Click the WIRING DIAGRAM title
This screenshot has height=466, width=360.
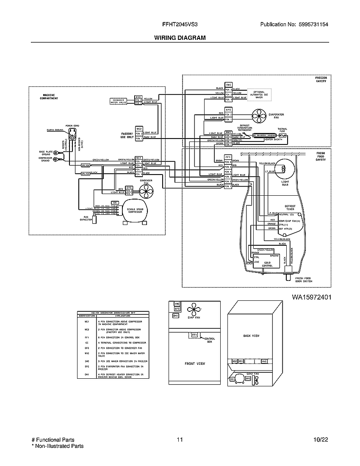coord(180,38)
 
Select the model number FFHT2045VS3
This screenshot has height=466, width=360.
coord(180,25)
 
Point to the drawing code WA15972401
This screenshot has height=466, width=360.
coord(311,297)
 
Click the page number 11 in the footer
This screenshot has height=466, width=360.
coord(180,440)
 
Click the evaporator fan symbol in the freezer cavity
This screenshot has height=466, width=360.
coord(258,115)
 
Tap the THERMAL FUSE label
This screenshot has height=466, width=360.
coord(282,130)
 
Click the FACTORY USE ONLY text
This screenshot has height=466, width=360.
coord(127,135)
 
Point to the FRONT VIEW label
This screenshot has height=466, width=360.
coord(195,363)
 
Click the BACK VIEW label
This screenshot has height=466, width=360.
coord(251,336)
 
